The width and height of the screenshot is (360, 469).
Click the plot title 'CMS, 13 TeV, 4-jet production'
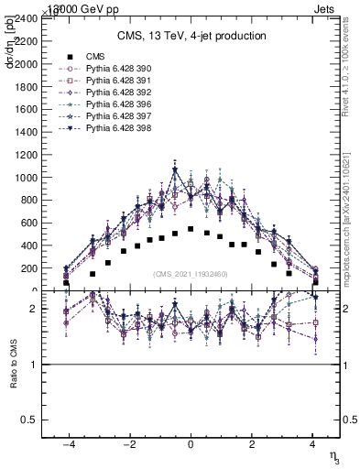click(x=191, y=36)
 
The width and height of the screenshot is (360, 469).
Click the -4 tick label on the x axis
click(x=68, y=443)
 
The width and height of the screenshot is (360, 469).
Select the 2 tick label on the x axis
click(x=251, y=443)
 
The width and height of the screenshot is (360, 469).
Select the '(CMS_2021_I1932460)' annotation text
click(x=191, y=274)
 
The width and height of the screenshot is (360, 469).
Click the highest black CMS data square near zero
click(x=191, y=229)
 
